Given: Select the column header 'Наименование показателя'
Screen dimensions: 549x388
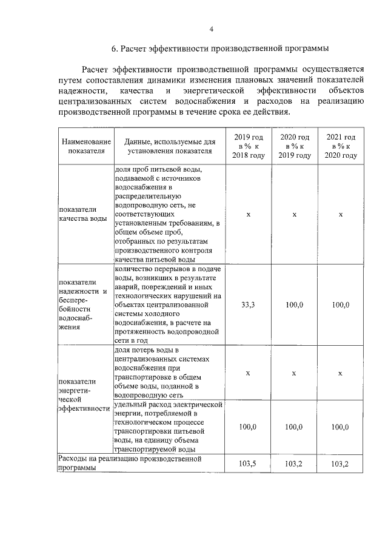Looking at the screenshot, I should (x=82, y=146).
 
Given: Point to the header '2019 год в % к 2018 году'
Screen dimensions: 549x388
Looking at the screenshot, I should (x=248, y=146).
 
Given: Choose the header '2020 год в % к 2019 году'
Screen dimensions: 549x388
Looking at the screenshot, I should (x=294, y=146).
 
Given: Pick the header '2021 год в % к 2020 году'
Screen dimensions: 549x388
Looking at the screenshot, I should (x=341, y=146).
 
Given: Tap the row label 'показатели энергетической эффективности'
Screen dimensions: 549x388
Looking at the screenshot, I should (x=82, y=395).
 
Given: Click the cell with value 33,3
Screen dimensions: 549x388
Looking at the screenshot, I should (x=248, y=305).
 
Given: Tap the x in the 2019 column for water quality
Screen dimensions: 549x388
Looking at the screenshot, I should (x=248, y=214).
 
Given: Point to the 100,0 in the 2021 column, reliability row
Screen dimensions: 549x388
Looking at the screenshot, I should (x=341, y=305).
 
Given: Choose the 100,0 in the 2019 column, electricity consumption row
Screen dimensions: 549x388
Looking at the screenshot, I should (x=248, y=427).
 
